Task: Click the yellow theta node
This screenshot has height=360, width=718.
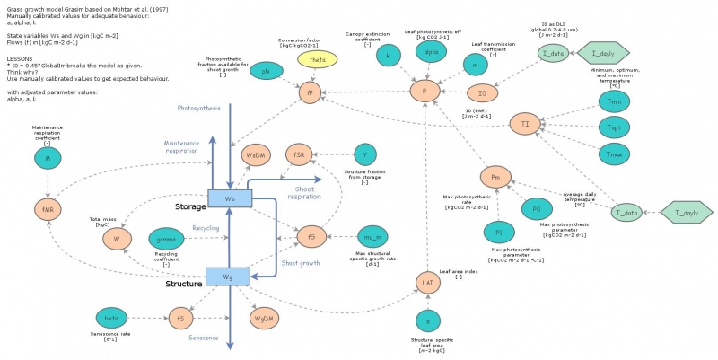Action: pos(318,59)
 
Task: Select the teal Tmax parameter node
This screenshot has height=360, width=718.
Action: pos(615,153)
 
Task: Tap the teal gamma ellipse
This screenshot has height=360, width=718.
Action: pos(167,238)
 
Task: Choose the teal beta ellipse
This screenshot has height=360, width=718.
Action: pos(111,317)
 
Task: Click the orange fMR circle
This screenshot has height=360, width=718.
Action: pos(48,208)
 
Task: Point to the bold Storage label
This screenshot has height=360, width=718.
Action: pos(190,206)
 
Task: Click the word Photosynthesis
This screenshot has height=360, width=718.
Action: pos(200,107)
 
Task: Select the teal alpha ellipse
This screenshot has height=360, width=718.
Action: pos(430,52)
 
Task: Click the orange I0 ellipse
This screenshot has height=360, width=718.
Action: pos(483,92)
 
